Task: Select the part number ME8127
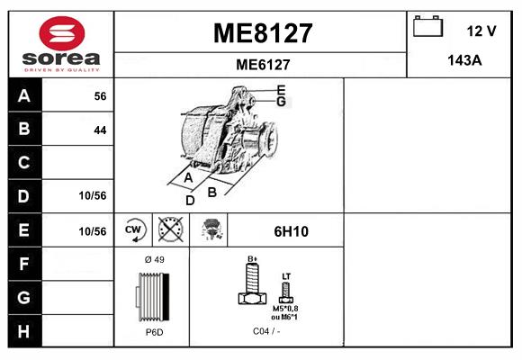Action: (x=262, y=33)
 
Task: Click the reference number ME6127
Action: (x=262, y=64)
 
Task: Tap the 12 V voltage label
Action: (x=481, y=31)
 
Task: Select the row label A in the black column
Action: (x=23, y=96)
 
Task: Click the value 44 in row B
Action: (x=100, y=130)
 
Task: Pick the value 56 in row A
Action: (x=100, y=96)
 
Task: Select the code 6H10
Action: (x=291, y=231)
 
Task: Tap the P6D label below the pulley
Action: (x=154, y=332)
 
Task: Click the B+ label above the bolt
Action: (x=253, y=258)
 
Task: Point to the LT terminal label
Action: (x=286, y=275)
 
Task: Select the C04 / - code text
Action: (x=266, y=332)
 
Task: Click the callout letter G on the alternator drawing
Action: (x=282, y=102)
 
